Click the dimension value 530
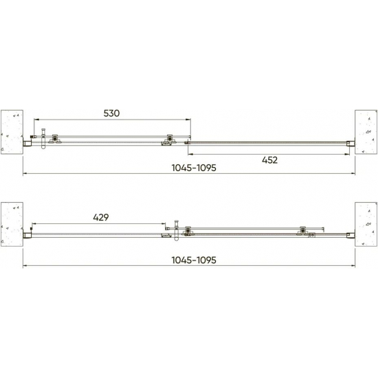click(111, 113)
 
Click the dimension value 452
click(269, 160)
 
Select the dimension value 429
click(101, 217)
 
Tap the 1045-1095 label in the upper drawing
click(194, 168)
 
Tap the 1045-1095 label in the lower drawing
click(194, 260)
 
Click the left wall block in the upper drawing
click(12, 132)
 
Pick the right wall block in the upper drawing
click(366, 132)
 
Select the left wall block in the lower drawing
click(12, 224)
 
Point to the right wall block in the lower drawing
click(366, 224)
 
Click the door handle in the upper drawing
click(43, 138)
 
